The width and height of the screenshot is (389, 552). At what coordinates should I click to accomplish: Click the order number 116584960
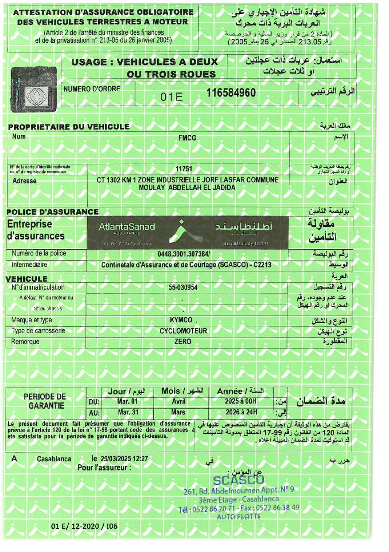point(231,93)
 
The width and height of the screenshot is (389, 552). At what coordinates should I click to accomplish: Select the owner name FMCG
point(187,138)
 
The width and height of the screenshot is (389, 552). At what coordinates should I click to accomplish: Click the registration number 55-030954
point(183,288)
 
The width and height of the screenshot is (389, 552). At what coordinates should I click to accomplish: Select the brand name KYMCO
point(181,321)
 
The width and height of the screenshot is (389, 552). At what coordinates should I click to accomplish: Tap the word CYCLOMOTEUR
point(183,331)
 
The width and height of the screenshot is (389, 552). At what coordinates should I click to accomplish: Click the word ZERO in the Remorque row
point(183,341)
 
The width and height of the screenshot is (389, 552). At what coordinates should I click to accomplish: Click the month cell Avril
point(178,401)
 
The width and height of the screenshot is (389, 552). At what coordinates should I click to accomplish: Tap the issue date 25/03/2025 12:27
point(124,458)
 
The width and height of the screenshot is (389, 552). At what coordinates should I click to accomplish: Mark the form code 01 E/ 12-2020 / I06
point(84,526)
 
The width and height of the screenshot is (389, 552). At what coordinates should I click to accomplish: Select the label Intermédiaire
point(29,264)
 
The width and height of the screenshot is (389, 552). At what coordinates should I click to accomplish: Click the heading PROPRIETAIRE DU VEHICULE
point(69,127)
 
